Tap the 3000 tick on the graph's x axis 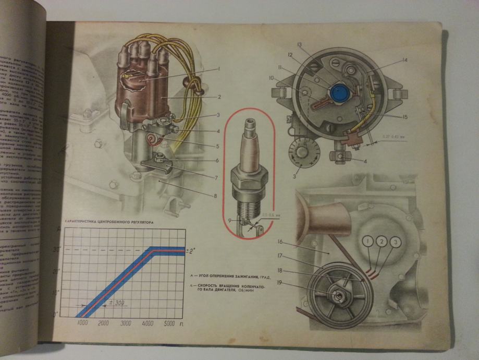click(126, 324)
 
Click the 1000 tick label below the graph click(82, 324)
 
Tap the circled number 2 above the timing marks click(383, 242)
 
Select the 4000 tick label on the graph click(148, 324)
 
